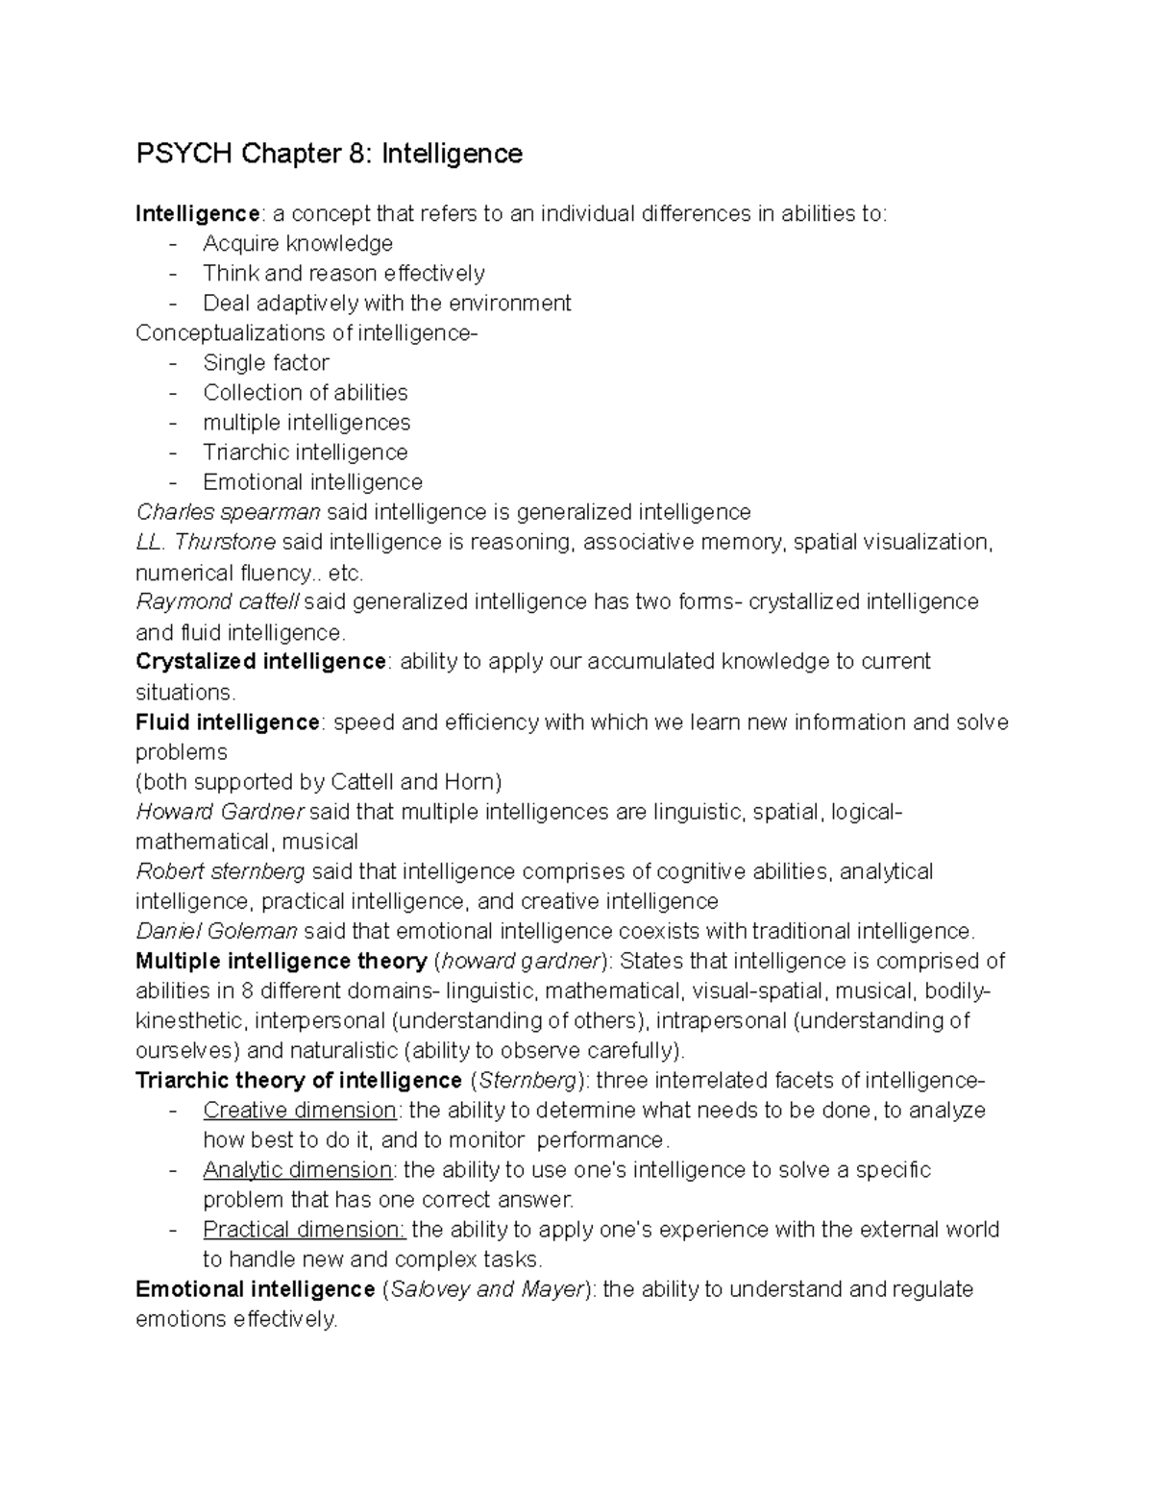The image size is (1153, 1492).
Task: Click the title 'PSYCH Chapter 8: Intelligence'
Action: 329,154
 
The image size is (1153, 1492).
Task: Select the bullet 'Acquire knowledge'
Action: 298,244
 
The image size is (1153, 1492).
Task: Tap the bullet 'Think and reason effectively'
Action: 343,274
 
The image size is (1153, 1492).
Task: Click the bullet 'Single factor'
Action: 266,363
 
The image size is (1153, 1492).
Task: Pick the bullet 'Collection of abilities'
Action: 305,393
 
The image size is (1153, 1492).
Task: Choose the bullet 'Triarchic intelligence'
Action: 305,452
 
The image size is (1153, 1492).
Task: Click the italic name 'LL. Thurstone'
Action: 206,543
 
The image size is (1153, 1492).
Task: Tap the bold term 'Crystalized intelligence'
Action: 260,662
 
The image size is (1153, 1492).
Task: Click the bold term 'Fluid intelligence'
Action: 228,722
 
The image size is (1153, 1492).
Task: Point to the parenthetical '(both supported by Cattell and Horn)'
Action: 319,782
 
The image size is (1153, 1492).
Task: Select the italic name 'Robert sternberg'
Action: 220,871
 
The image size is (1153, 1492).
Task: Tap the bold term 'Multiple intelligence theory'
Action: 282,962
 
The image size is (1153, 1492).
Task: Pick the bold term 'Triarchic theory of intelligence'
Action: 299,1081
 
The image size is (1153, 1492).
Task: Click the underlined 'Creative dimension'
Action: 300,1111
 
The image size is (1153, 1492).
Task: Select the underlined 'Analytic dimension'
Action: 297,1170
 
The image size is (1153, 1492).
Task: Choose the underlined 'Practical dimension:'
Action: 305,1230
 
